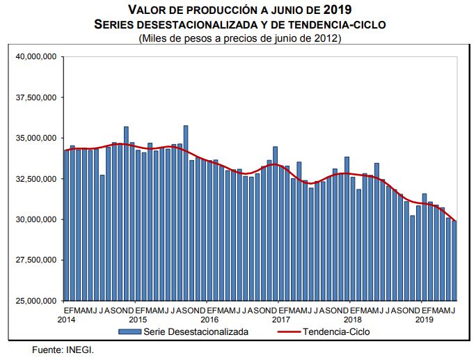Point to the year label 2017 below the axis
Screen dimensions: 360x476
click(x=280, y=319)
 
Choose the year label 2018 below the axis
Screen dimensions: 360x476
click(x=353, y=319)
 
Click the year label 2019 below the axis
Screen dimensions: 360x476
click(x=425, y=319)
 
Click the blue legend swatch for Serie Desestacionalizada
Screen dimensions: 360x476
click(x=129, y=332)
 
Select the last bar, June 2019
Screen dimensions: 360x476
click(x=454, y=260)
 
